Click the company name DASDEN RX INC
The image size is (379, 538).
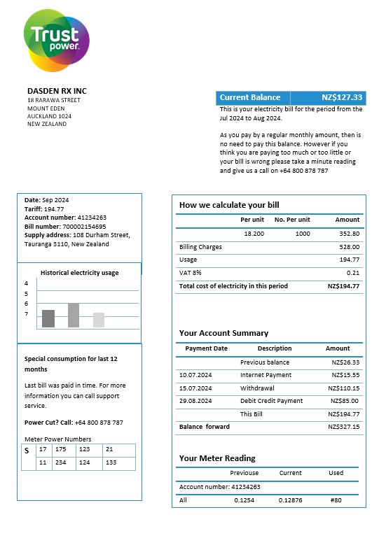[x=57, y=91]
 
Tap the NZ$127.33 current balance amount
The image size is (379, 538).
[x=342, y=98]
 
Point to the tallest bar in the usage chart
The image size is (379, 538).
[x=74, y=316]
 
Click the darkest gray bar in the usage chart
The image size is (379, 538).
[x=48, y=318]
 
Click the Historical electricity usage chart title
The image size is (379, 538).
[x=79, y=273]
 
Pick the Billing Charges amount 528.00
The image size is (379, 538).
[x=349, y=247]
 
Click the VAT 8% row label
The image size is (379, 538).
[x=190, y=273]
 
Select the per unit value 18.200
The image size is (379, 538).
[x=254, y=234]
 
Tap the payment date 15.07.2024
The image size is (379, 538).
[x=195, y=388]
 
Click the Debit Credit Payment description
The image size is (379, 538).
[x=271, y=401]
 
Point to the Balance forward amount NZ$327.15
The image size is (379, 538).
[x=345, y=427]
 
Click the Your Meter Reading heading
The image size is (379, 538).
[x=217, y=458]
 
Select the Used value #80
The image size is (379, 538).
[x=336, y=500]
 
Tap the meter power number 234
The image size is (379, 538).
[x=62, y=462]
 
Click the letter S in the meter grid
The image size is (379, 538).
[x=27, y=451]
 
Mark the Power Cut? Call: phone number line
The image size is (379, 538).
[x=74, y=423]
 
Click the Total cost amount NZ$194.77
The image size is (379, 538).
[x=343, y=286]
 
